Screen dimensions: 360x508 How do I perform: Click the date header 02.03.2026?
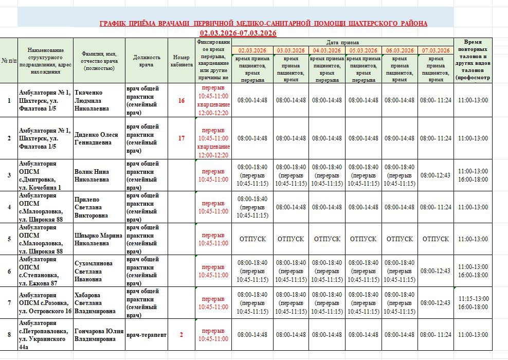pyautogui.click(x=252, y=50)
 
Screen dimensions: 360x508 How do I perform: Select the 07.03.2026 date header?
pyautogui.click(x=436, y=50)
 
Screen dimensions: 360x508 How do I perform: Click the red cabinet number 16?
pyautogui.click(x=181, y=100)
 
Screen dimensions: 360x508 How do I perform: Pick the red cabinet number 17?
pyautogui.click(x=181, y=138)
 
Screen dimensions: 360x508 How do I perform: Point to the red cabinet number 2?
pyautogui.click(x=181, y=335)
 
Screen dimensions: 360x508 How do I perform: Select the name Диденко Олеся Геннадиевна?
pyautogui.click(x=96, y=138)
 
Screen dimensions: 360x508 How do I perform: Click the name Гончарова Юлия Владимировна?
pyautogui.click(x=99, y=335)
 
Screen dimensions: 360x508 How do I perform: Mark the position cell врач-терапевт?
pyautogui.click(x=147, y=335)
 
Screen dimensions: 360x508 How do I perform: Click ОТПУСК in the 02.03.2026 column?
pyautogui.click(x=252, y=239)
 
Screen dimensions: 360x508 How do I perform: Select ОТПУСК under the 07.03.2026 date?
pyautogui.click(x=436, y=239)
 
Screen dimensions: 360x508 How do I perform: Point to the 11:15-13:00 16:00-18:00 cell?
pyautogui.click(x=473, y=303)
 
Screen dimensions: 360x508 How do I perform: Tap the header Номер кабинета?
pyautogui.click(x=181, y=61)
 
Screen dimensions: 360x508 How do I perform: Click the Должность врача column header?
pyautogui.click(x=147, y=61)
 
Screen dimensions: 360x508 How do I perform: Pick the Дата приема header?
pyautogui.click(x=342, y=42)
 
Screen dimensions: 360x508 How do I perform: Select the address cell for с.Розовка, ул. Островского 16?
pyautogui.click(x=45, y=303)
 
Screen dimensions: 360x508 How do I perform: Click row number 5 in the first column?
pyautogui.click(x=9, y=239)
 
